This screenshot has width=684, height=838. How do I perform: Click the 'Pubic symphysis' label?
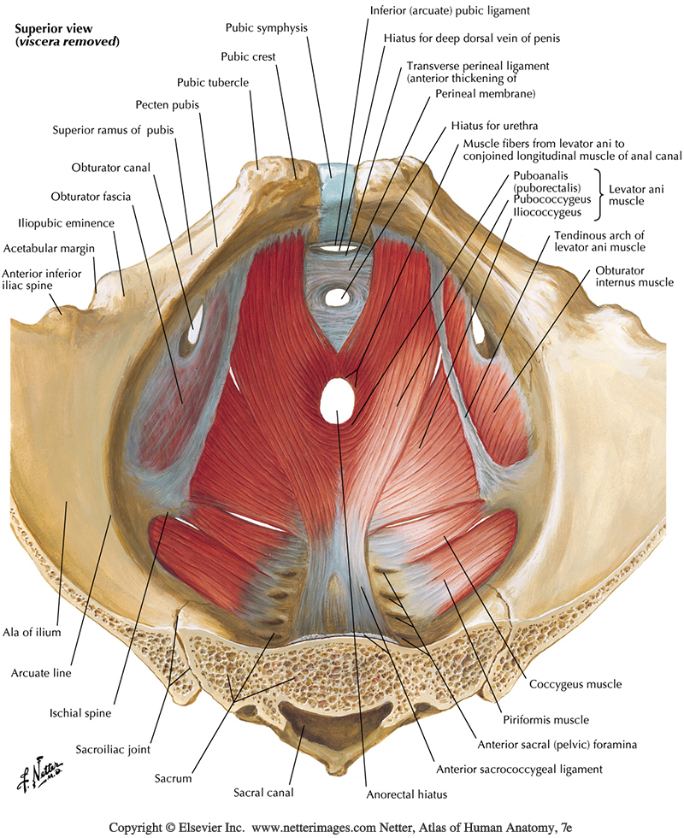(266, 27)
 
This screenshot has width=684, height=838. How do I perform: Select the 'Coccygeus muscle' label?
(575, 684)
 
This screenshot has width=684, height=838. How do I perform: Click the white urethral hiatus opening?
(339, 298)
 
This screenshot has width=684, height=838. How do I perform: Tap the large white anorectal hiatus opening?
(339, 398)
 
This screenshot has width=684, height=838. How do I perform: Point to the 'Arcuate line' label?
(44, 672)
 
